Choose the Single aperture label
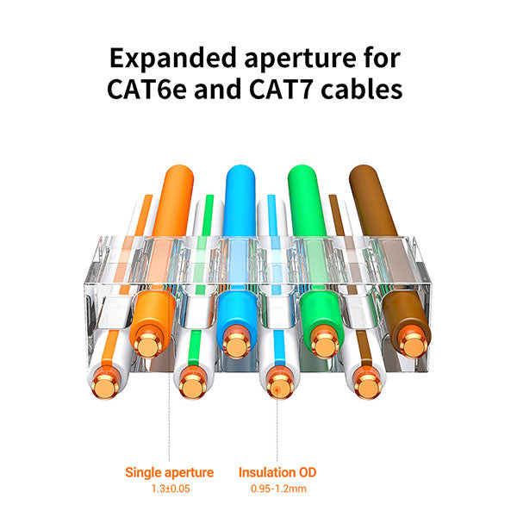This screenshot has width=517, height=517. coord(169,471)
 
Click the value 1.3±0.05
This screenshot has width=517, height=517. coord(169,488)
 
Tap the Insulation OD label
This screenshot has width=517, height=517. coord(277,471)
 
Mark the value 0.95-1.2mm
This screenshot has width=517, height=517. coord(277,488)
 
